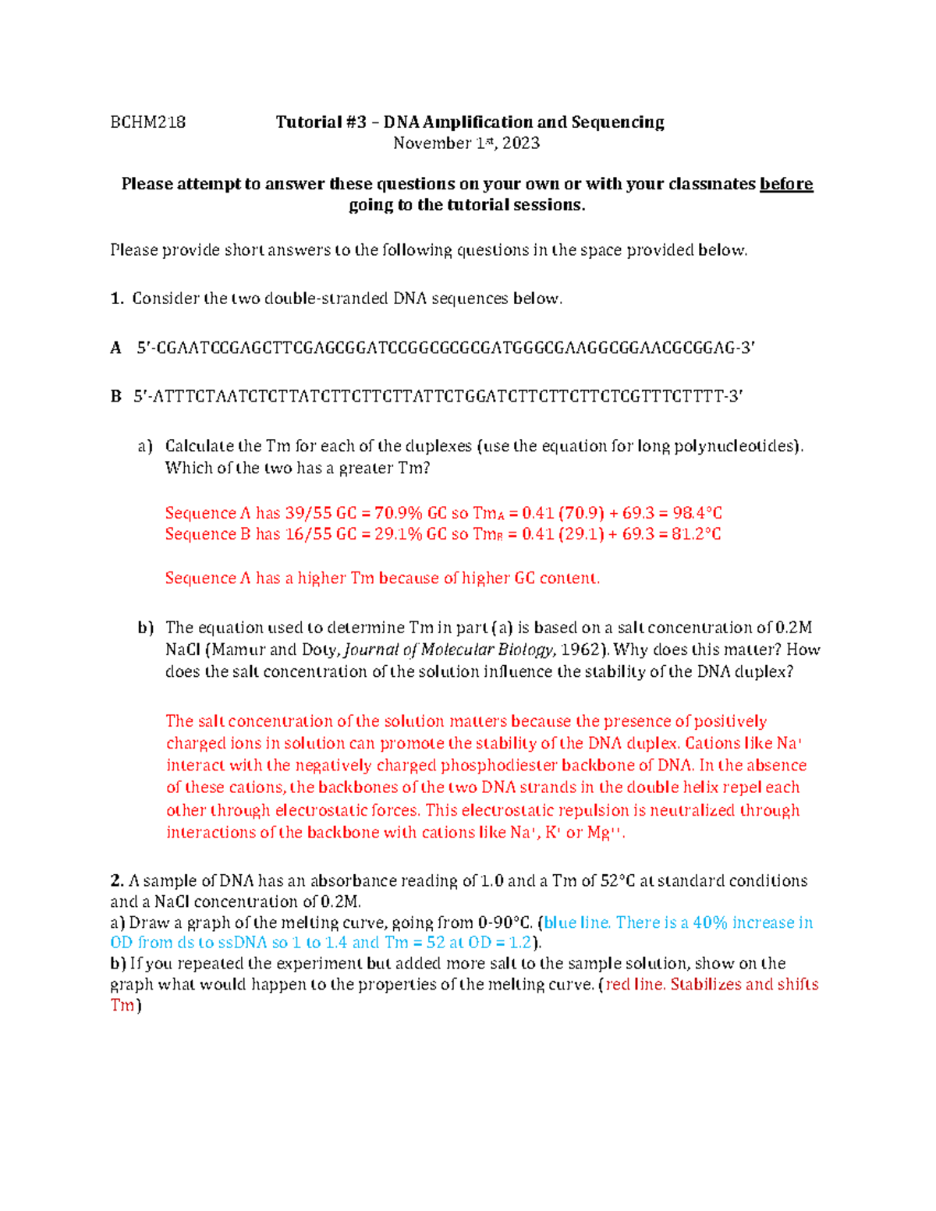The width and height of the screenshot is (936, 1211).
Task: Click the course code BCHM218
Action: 147,122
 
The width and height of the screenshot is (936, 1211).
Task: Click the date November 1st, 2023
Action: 466,143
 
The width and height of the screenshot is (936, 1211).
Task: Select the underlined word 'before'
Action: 785,184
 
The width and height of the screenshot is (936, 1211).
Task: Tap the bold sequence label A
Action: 116,348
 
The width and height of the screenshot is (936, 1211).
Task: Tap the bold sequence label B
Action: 116,396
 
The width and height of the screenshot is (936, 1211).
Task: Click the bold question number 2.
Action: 117,881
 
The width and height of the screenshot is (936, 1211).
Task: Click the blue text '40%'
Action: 710,922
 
